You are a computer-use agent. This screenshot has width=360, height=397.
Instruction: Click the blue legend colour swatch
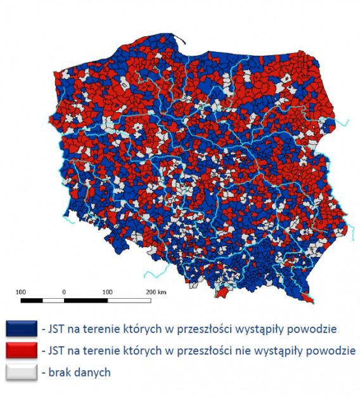(20, 329)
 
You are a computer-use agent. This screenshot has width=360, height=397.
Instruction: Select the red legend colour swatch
(20, 350)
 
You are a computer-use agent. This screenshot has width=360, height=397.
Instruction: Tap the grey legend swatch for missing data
(20, 372)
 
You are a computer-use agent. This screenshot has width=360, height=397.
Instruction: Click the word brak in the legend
(56, 372)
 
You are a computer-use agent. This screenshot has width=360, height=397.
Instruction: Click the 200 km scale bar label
(155, 292)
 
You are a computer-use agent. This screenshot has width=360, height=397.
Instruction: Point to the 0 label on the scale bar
(64, 292)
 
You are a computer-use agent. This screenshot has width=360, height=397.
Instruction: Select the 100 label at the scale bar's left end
(20, 292)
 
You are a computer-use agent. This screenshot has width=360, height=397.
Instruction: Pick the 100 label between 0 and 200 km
(107, 292)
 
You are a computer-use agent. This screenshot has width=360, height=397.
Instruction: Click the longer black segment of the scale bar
(86, 298)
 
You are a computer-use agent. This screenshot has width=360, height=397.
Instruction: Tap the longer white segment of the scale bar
(129, 298)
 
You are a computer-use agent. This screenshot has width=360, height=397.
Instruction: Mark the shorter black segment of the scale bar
(31, 298)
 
